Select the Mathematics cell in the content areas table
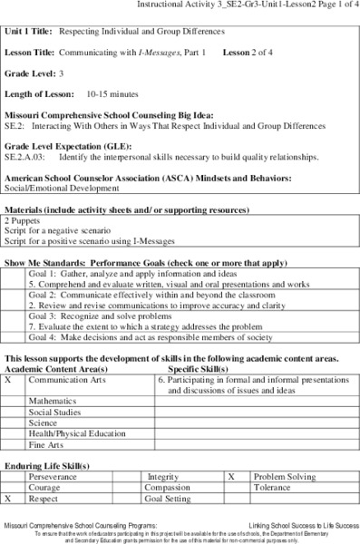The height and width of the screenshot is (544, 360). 52,399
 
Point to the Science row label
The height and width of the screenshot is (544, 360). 43,422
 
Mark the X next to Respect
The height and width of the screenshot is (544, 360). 8,498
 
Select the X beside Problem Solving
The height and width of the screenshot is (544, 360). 231,475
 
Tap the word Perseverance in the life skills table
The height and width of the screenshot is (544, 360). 53,475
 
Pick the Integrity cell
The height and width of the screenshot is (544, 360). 163,475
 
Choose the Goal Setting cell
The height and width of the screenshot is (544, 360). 169,498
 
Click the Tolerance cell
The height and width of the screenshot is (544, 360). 275,487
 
